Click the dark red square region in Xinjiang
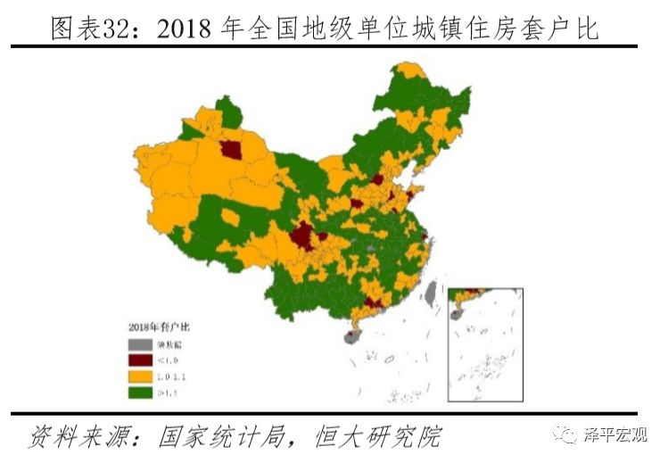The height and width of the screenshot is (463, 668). pos(234,150)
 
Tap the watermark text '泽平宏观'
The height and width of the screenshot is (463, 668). pos(615,434)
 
